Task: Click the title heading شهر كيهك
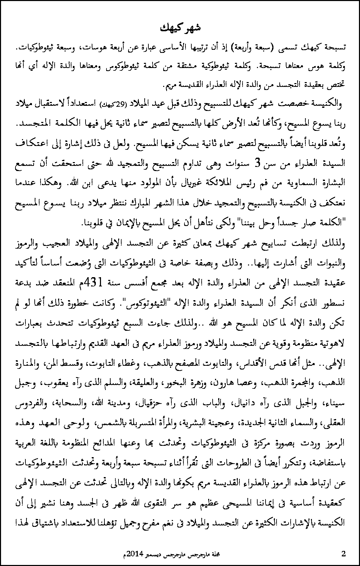pyautogui.click(x=180, y=28)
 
